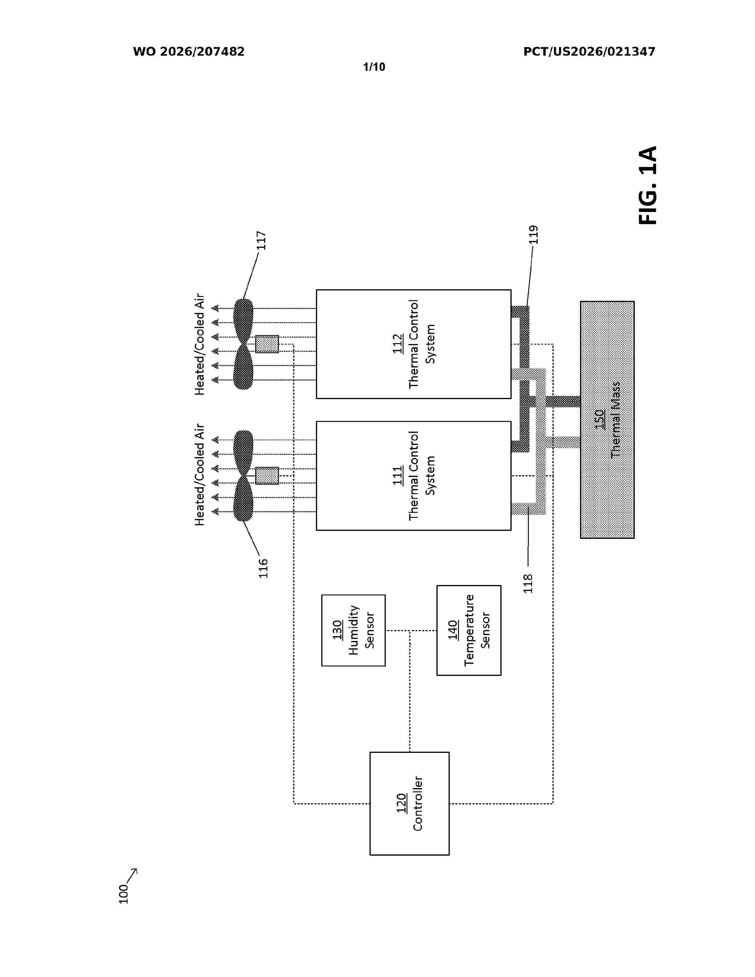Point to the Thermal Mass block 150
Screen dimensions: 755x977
coord(607,420)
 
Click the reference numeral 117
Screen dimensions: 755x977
coord(261,241)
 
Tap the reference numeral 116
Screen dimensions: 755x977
coord(263,568)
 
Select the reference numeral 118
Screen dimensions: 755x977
coord(528,583)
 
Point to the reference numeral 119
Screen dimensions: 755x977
coord(534,235)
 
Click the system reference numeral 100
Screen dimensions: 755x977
coord(123,894)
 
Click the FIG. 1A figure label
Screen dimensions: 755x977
coord(647,185)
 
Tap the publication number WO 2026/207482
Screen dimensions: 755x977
coord(189,52)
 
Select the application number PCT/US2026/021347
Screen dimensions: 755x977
coord(589,52)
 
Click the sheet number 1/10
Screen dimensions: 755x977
coord(374,67)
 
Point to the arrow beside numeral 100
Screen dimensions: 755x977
coord(132,875)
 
